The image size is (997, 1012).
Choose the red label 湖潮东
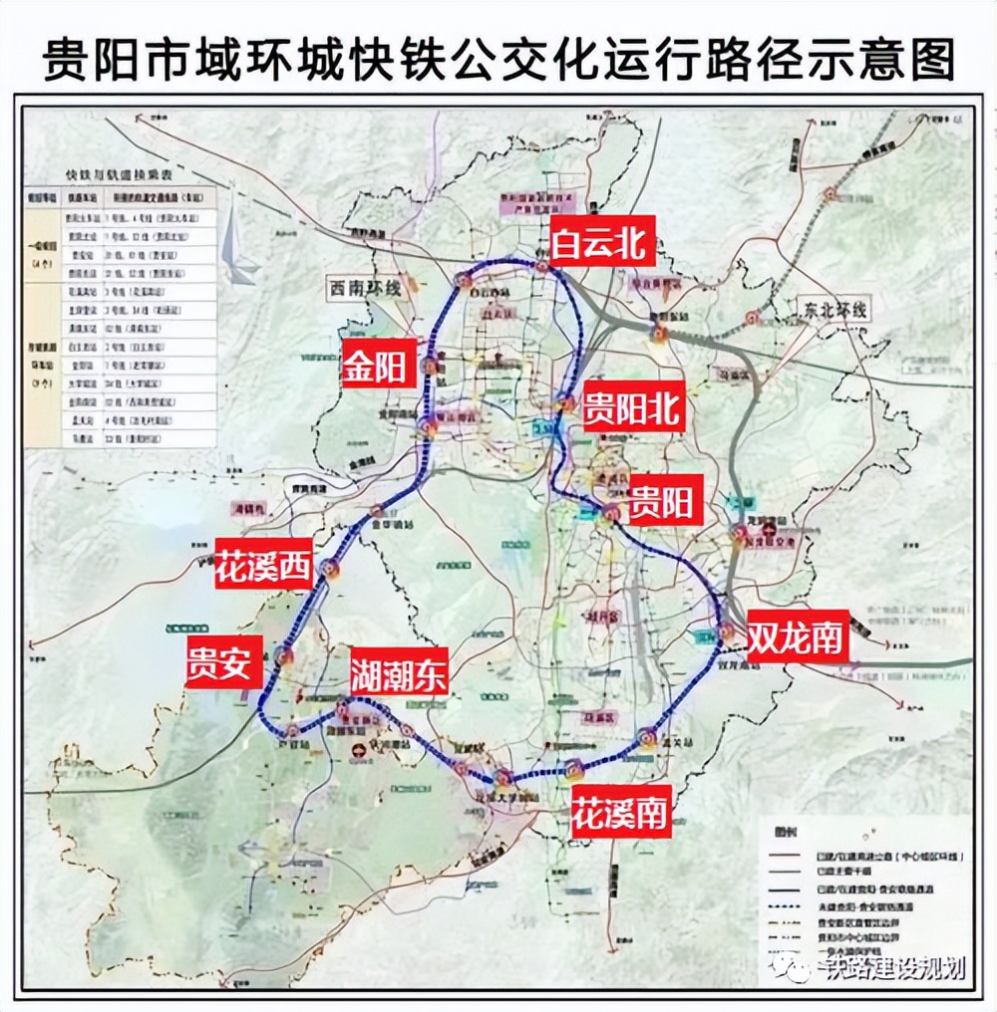398,676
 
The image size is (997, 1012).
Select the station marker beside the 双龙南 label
728,632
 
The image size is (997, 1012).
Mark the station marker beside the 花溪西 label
331,570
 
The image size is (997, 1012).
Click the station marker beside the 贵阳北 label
566,403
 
